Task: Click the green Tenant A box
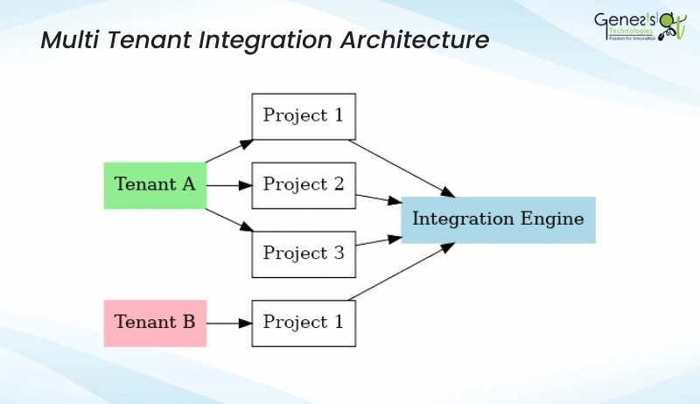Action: tap(155, 185)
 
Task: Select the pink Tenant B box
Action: tap(155, 323)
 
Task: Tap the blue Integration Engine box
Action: tap(498, 219)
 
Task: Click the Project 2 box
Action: tap(304, 185)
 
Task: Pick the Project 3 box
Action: tap(304, 254)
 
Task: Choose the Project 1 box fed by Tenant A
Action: tap(304, 116)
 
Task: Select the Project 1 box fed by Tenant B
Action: tap(304, 323)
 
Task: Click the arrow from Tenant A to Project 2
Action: tap(229, 185)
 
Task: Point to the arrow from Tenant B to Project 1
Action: tap(229, 323)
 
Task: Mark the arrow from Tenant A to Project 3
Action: tap(229, 219)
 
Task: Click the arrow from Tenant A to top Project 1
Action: tap(229, 150)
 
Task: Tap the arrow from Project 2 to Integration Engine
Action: tap(378, 199)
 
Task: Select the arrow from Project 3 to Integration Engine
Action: tap(378, 240)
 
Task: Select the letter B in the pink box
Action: tap(187, 323)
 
